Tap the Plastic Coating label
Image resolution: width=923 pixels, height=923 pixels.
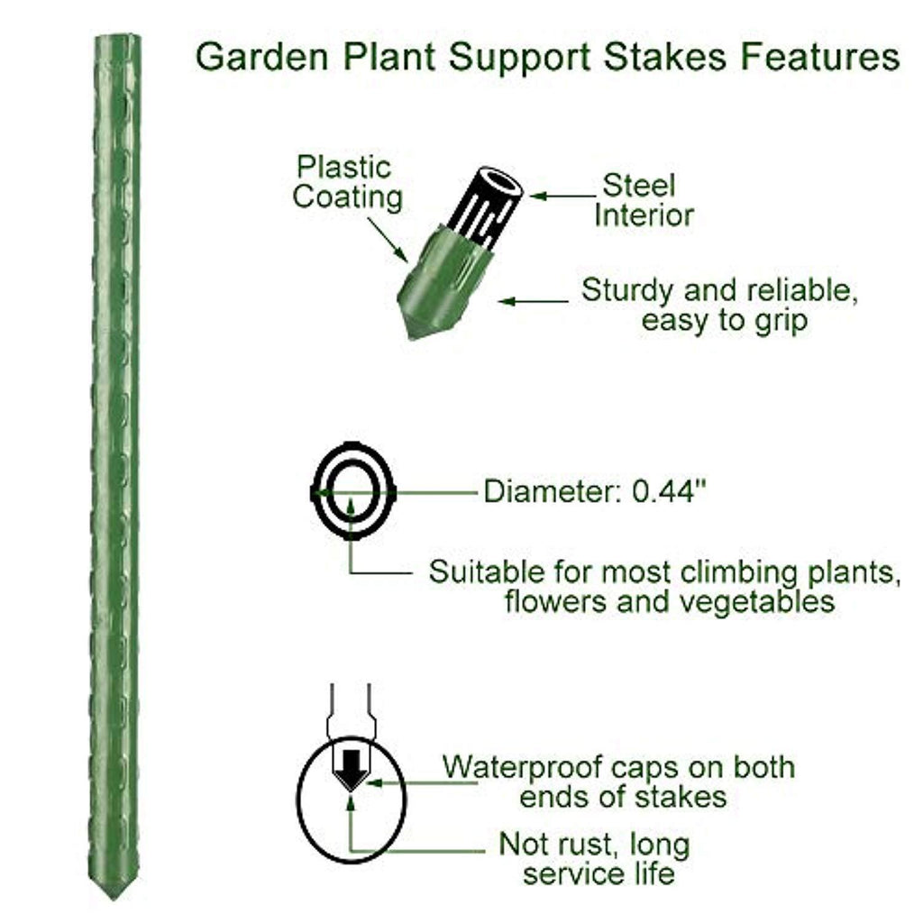[347, 182]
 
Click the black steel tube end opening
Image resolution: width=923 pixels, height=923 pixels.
[503, 184]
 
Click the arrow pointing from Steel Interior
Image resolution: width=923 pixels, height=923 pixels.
[562, 194]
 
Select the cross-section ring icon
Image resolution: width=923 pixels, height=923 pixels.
[352, 492]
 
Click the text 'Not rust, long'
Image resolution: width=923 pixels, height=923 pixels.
[594, 845]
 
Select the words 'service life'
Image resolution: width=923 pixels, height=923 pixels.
[599, 873]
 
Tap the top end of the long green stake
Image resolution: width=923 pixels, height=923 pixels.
[116, 41]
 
